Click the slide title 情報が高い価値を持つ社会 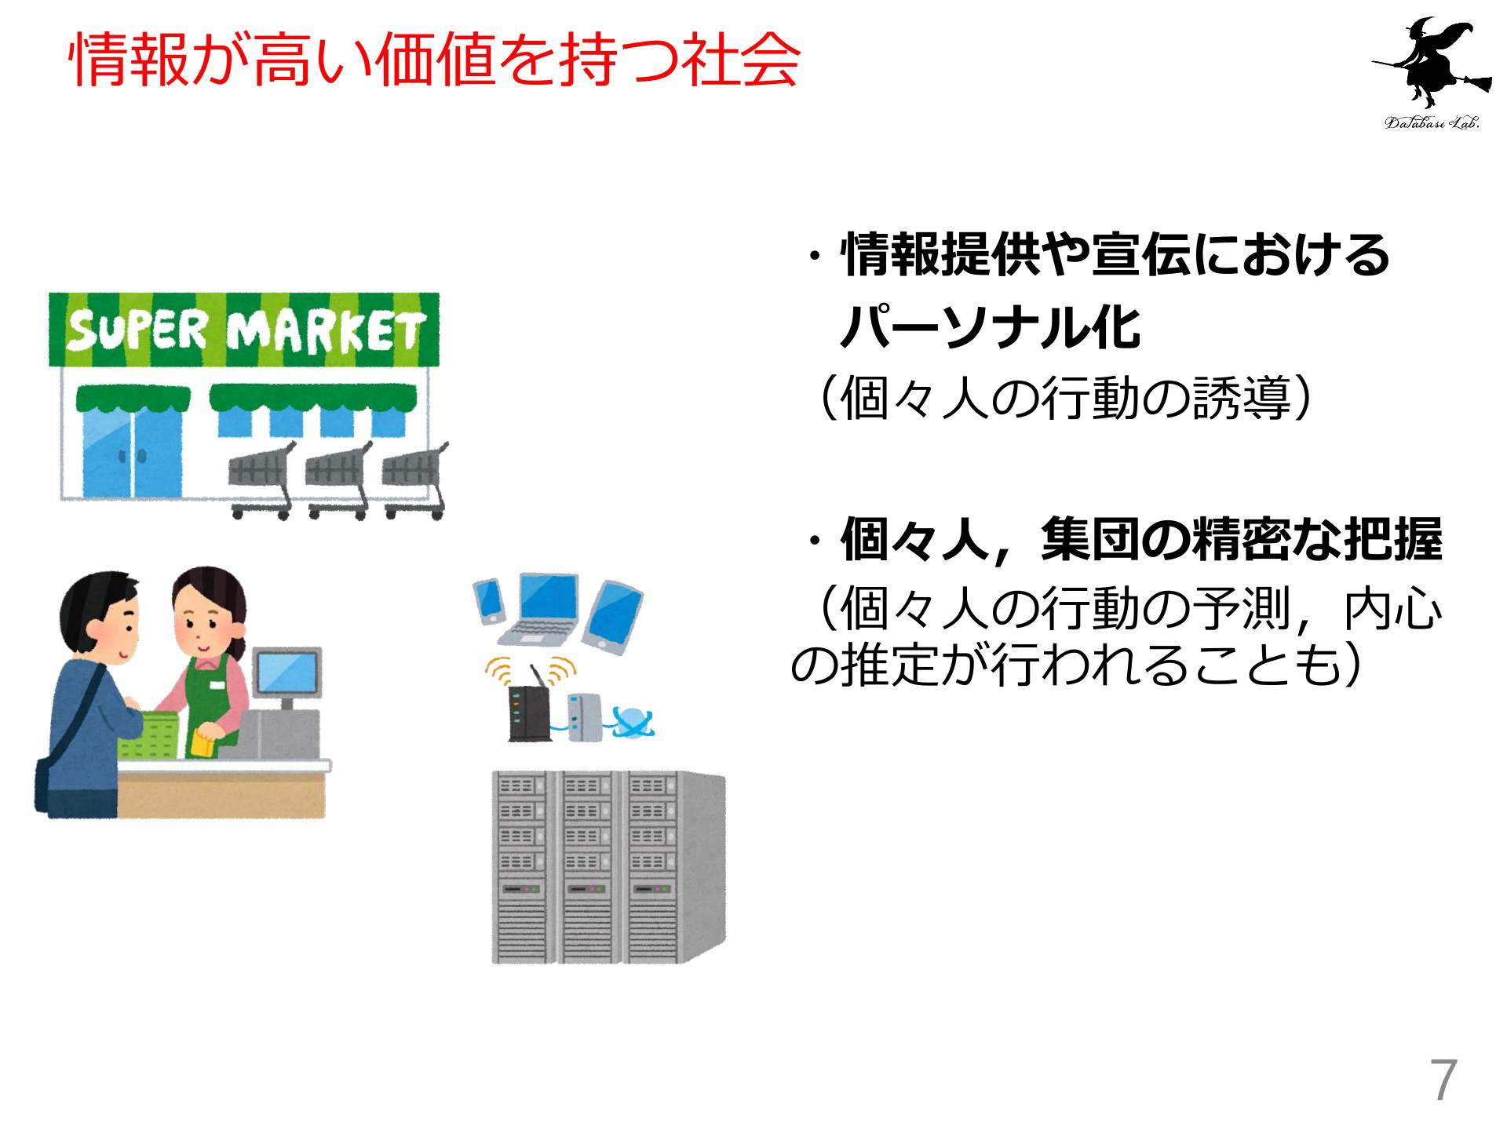pyautogui.click(x=435, y=60)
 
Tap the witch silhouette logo pyautogui.click(x=1432, y=63)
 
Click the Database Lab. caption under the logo pyautogui.click(x=1432, y=122)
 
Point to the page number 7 pyautogui.click(x=1443, y=1081)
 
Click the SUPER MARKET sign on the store pyautogui.click(x=245, y=330)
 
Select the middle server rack pyautogui.click(x=589, y=867)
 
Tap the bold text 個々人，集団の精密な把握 pyautogui.click(x=1140, y=539)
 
